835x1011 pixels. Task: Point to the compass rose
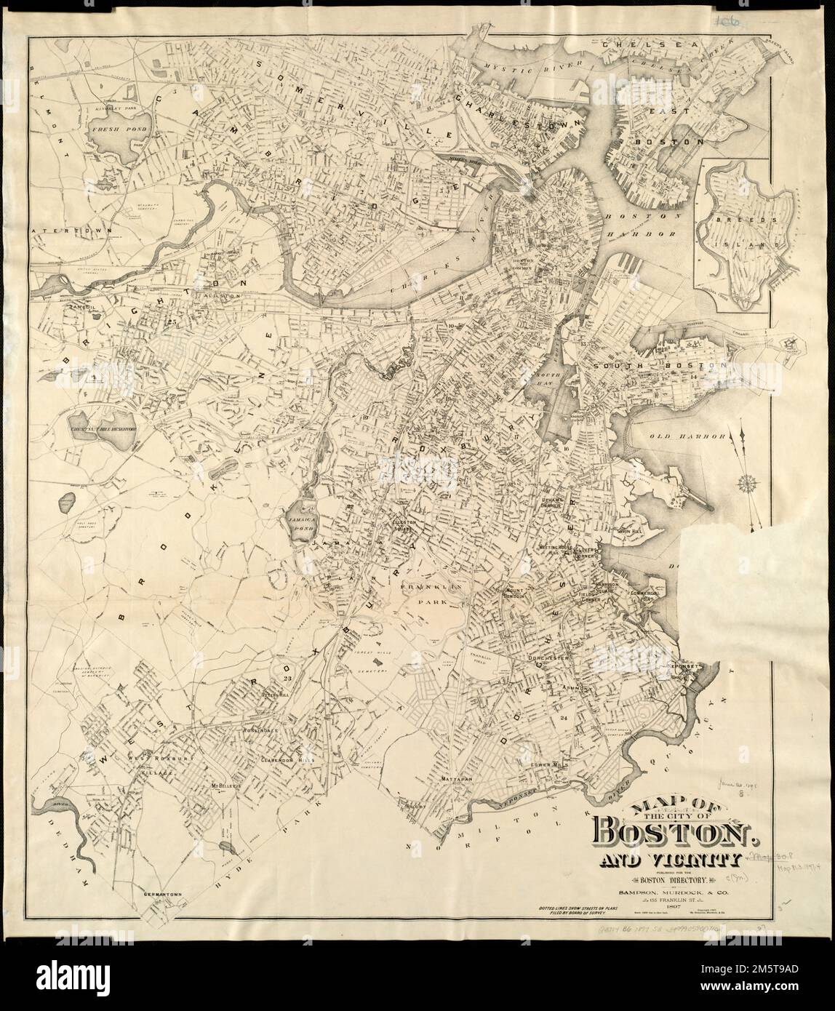coord(747,481)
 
